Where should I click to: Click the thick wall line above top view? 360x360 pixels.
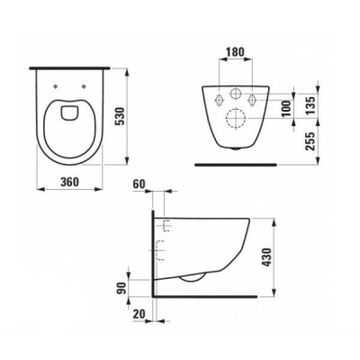point(71,67)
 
